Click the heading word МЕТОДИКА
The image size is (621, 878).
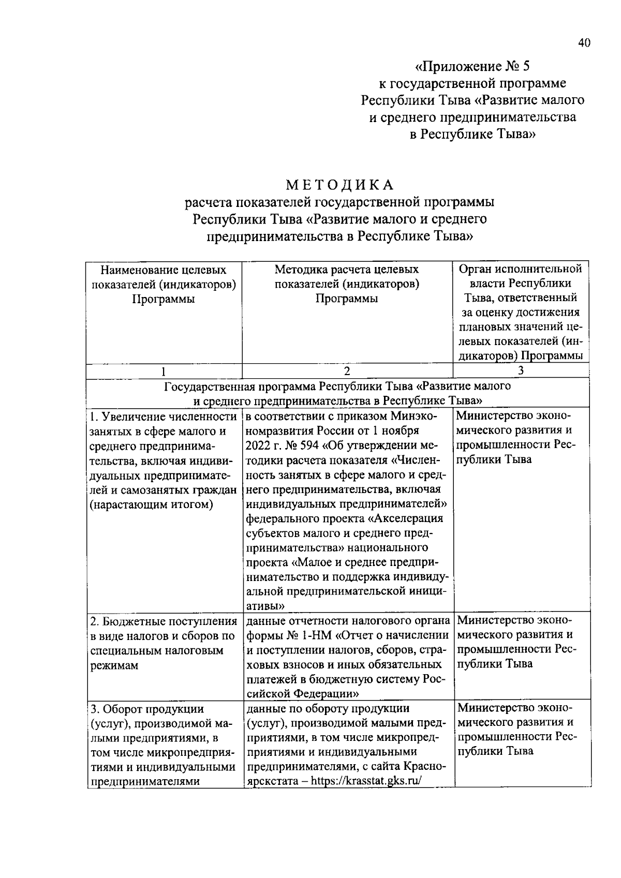340,184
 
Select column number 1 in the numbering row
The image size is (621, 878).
164,371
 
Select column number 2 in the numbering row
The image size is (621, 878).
347,371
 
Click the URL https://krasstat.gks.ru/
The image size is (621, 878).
367,781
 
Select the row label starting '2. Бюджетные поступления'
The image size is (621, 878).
162,621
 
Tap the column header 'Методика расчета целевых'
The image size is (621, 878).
346,270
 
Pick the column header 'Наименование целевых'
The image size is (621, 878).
164,270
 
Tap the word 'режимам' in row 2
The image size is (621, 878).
114,665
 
